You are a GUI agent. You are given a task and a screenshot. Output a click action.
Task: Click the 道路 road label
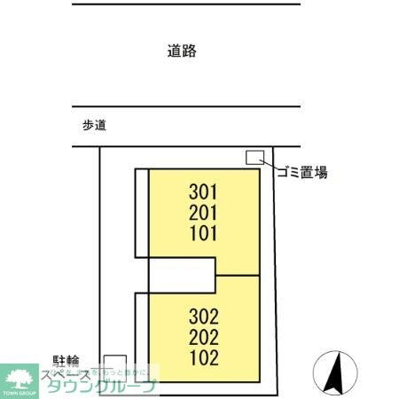[x=181, y=51]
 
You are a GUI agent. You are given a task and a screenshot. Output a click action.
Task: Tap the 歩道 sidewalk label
[x=93, y=126]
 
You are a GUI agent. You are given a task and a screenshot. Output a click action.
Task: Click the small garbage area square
[x=254, y=157]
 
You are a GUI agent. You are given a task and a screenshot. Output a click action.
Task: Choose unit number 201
[x=204, y=213]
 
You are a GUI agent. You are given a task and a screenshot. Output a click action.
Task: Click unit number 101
[x=204, y=234]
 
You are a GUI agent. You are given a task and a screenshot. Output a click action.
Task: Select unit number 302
[x=204, y=316]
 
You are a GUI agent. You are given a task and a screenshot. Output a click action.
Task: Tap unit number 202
[x=204, y=337]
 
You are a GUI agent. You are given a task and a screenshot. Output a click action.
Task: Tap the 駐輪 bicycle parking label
[x=65, y=361]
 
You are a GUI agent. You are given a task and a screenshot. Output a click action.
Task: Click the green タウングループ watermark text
[x=102, y=386]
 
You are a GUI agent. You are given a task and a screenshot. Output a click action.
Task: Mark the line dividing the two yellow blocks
[x=239, y=275]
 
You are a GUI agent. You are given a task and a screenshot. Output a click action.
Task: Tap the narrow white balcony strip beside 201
[x=141, y=213]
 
